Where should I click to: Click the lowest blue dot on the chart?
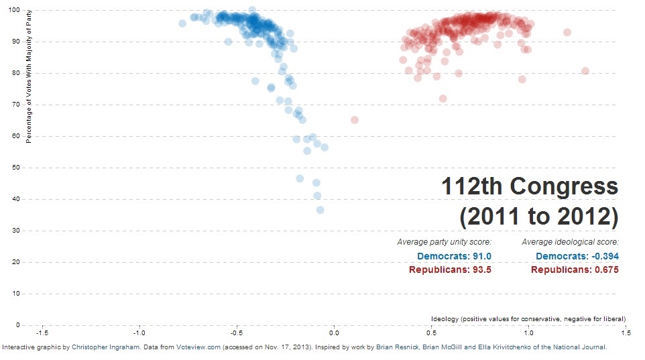(x=320, y=210)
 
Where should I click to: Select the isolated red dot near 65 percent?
(x=355, y=120)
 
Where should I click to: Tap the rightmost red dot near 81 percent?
(x=585, y=71)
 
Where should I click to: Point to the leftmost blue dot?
(x=182, y=23)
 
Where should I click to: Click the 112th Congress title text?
(x=530, y=187)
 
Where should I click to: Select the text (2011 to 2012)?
(x=538, y=217)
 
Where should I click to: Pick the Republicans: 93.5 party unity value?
(x=450, y=269)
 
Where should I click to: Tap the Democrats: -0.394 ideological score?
(x=577, y=256)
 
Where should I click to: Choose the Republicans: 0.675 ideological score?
(x=575, y=269)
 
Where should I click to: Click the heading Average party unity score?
(x=444, y=242)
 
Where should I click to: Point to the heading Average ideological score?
(x=570, y=242)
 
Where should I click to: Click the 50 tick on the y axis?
(x=16, y=168)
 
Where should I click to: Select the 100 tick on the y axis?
(x=14, y=10)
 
